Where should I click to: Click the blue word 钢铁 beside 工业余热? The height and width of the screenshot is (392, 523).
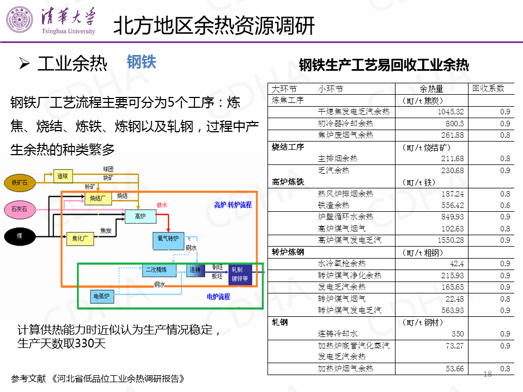click(142, 62)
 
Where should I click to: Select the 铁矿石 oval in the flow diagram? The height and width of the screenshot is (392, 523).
click(22, 182)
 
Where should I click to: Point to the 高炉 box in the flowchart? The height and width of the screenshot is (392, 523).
click(140, 217)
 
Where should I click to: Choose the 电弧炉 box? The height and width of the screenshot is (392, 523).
click(102, 297)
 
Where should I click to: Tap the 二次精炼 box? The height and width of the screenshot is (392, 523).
click(160, 270)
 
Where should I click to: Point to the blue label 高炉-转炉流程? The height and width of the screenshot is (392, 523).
click(233, 205)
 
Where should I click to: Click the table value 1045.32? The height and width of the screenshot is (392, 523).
click(451, 112)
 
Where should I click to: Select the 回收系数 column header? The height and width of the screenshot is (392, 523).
click(488, 88)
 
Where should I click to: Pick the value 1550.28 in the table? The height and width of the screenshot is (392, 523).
click(451, 240)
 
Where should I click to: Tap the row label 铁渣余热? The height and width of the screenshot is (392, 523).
click(333, 205)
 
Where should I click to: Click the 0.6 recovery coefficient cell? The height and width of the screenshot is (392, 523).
click(504, 205)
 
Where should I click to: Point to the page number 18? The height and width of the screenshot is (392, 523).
click(487, 373)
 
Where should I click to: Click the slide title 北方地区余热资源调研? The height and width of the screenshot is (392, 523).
click(214, 26)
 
